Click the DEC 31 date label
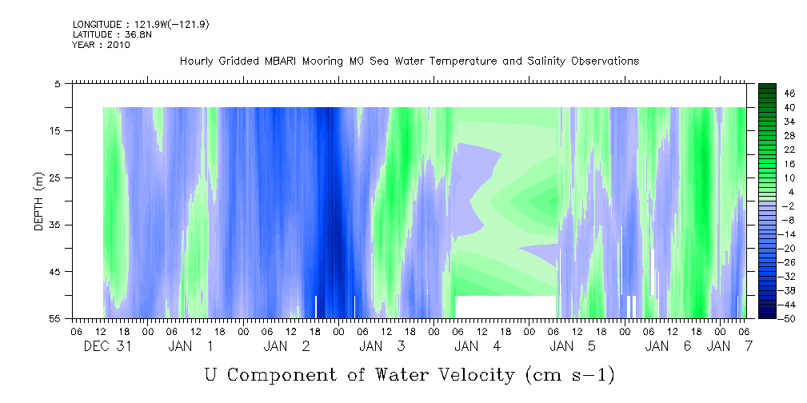(107, 346)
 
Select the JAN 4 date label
(477, 346)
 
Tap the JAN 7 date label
(729, 346)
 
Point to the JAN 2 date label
(286, 346)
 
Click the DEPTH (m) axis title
(39, 201)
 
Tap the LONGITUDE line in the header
(141, 25)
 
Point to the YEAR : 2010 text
(102, 45)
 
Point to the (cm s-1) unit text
(569, 375)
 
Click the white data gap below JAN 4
(506, 307)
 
